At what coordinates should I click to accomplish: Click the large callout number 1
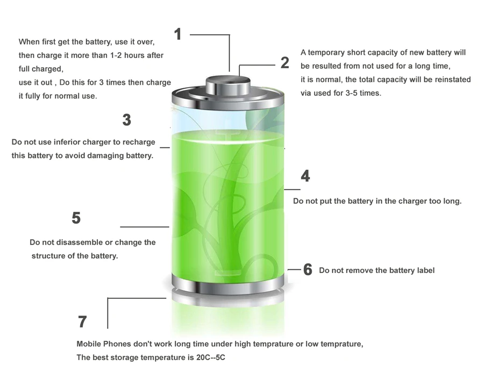pos(177,34)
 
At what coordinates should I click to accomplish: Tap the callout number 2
pos(285,63)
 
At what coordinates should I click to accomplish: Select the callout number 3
pos(126,120)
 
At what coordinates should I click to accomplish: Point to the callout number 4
pos(305,176)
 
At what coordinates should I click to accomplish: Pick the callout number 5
pos(76,218)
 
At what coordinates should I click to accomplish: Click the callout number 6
pos(308,269)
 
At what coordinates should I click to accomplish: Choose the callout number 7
pos(82,321)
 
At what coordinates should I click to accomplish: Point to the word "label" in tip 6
pos(426,270)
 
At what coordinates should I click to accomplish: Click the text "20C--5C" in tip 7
pos(210,357)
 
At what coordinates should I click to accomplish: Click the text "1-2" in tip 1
pos(116,55)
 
